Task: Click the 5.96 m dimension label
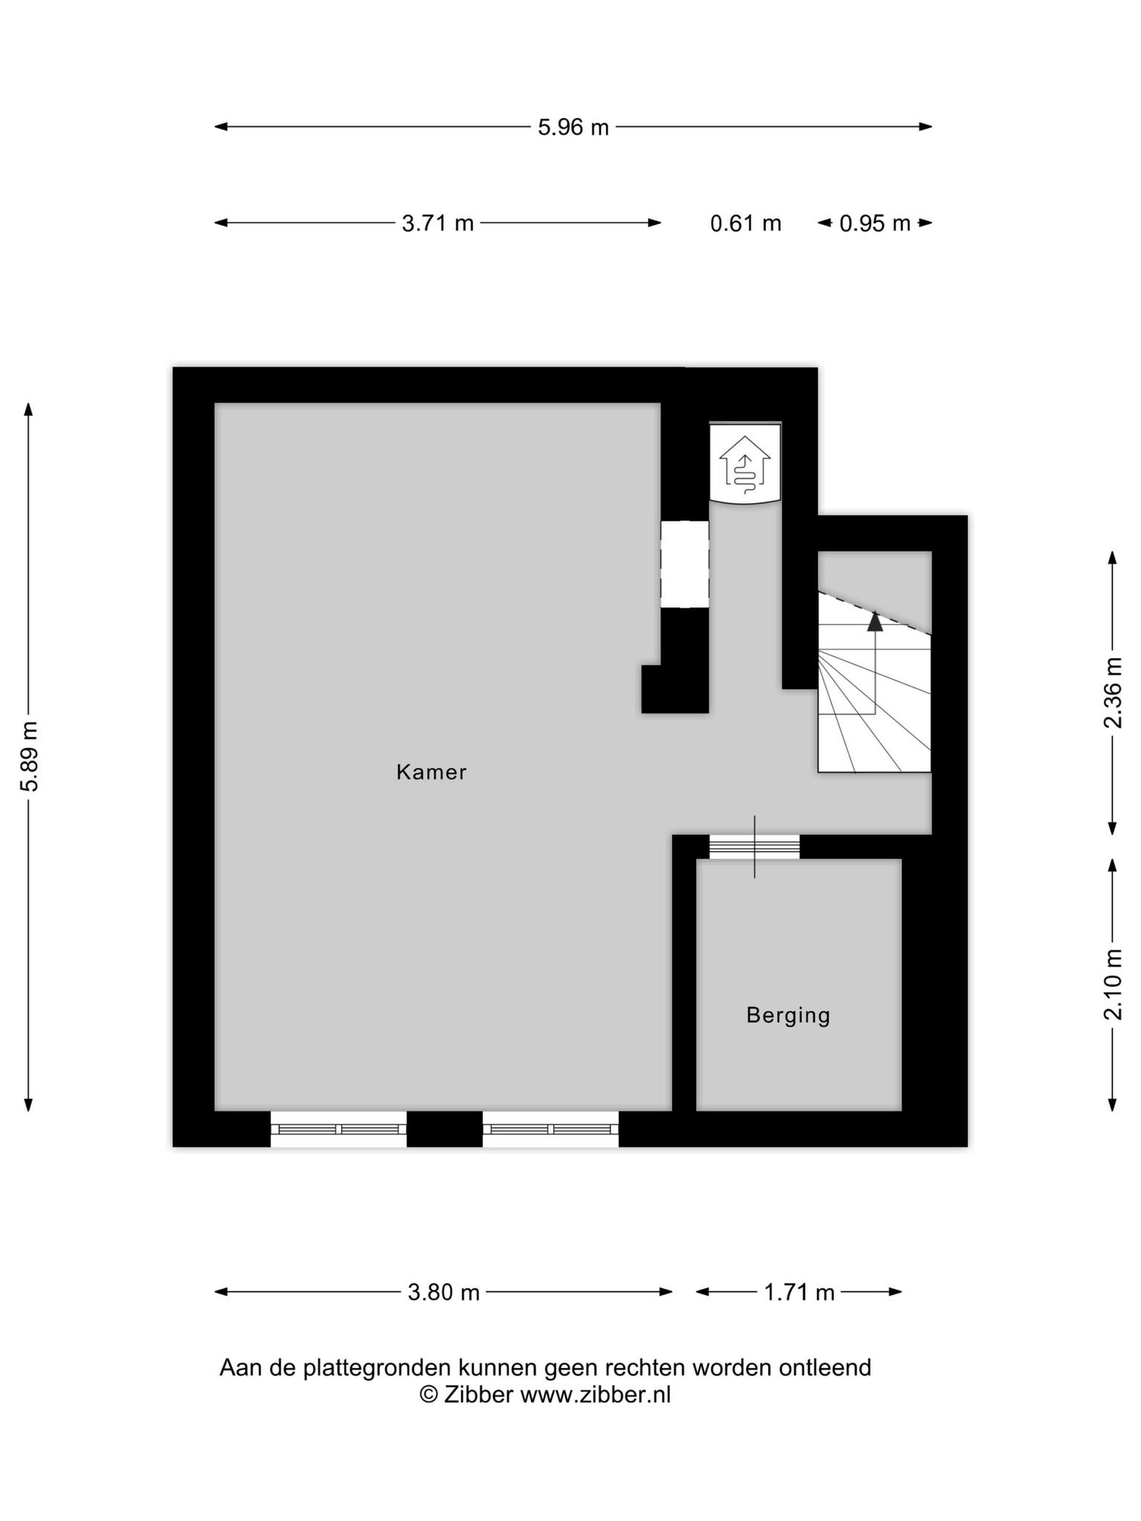pyautogui.click(x=573, y=128)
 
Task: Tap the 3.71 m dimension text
pyautogui.click(x=438, y=223)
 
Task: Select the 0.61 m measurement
pyautogui.click(x=746, y=223)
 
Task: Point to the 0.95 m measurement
pyautogui.click(x=874, y=223)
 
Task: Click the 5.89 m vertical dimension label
pyautogui.click(x=30, y=756)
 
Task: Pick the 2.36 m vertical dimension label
pyautogui.click(x=1113, y=693)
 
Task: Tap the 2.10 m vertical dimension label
pyautogui.click(x=1113, y=985)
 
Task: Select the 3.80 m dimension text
pyautogui.click(x=443, y=1292)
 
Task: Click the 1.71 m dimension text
pyautogui.click(x=799, y=1292)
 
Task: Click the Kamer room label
pyautogui.click(x=432, y=772)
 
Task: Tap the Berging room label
pyautogui.click(x=788, y=1016)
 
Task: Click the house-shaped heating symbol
pyautogui.click(x=745, y=465)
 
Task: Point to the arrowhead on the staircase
pyautogui.click(x=876, y=621)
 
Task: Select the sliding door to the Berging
pyautogui.click(x=755, y=847)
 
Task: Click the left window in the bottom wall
pyautogui.click(x=339, y=1129)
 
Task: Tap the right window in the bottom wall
pyautogui.click(x=550, y=1129)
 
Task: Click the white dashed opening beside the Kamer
pyautogui.click(x=685, y=564)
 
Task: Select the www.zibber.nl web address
pyautogui.click(x=595, y=1395)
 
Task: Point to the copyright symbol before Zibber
pyautogui.click(x=429, y=1395)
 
